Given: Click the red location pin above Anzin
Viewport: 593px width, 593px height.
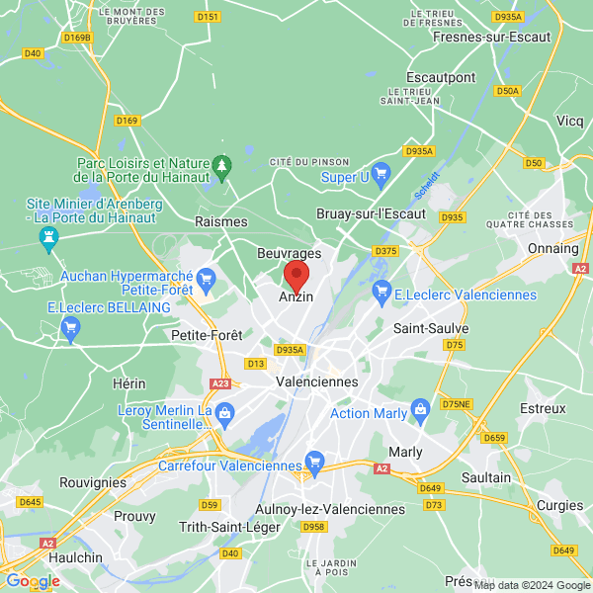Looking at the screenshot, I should pos(296,275).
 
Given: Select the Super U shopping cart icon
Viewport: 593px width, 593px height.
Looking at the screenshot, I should pos(379,172).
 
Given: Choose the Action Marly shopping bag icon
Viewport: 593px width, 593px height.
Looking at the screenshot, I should pos(421,408).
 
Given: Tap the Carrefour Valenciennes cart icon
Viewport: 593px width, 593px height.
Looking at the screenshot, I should pos(314,461).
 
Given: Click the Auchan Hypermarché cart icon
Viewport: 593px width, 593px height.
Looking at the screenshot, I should pos(206,281).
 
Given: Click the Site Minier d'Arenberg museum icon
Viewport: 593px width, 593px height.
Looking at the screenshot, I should pos(47,237).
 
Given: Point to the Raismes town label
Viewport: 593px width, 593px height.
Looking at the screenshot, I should pos(221,222).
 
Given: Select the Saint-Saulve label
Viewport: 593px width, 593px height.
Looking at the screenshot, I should pos(431,328).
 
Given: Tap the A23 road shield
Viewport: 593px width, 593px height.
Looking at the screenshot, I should pos(220,383).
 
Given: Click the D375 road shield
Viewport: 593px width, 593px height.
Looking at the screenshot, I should pos(385,251).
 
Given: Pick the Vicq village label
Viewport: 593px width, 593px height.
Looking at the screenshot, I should pos(569,121).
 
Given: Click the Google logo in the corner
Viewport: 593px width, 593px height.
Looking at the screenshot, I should pos(32,581).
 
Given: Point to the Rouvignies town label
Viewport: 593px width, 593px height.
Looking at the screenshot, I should pos(93,482).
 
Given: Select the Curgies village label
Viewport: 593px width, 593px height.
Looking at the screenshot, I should pos(559,505).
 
